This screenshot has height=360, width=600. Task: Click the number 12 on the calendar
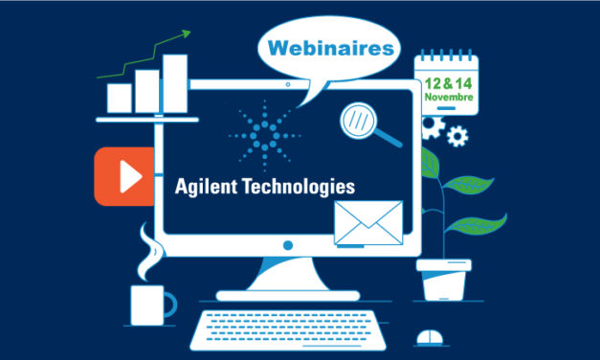point(434,81)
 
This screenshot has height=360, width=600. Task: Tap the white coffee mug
point(150,304)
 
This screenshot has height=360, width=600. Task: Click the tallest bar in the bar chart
point(175,83)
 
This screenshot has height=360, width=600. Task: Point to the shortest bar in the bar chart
point(119,98)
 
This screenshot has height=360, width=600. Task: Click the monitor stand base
point(287,286)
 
